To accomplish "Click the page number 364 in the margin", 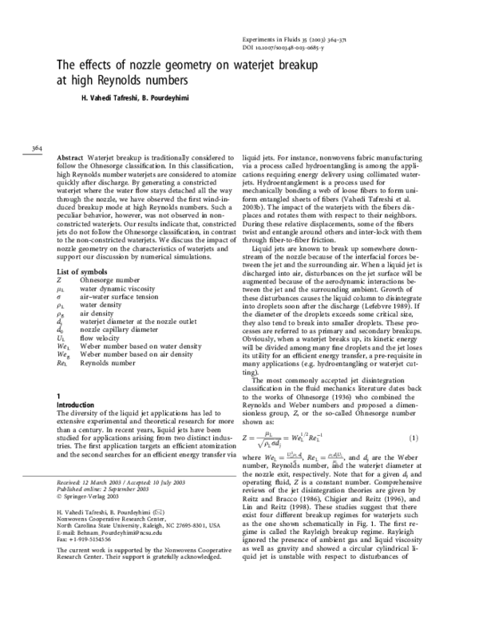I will (37, 148).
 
